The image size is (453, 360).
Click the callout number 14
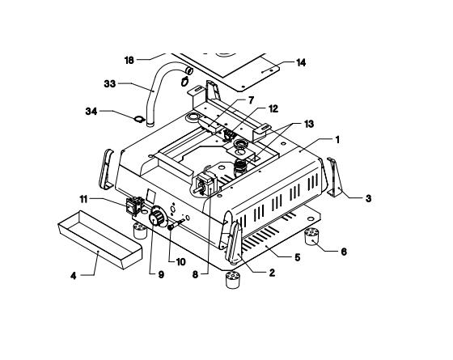(301, 63)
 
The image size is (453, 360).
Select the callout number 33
(110, 84)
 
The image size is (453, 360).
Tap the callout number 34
(91, 112)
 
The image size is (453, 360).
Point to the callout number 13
(309, 124)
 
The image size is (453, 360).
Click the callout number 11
(83, 199)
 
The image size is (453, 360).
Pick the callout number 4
(74, 276)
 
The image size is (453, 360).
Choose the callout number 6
(344, 252)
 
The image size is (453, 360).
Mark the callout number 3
(368, 198)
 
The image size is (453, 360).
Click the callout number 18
(129, 61)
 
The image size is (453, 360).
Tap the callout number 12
(273, 108)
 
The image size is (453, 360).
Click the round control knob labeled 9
(157, 219)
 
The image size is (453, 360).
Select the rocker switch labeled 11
(134, 205)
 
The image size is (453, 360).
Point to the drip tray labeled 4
(100, 239)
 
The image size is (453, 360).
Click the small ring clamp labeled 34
(138, 120)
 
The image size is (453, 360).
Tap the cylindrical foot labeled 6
(311, 236)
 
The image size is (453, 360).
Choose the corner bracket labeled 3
(335, 177)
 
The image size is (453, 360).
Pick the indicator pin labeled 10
(176, 225)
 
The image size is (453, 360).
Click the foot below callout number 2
(233, 280)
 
